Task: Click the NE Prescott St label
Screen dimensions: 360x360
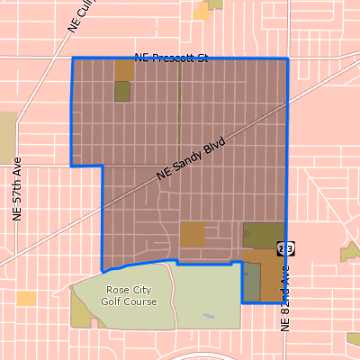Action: coord(171,58)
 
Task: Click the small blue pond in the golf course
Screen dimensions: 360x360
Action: coord(209,316)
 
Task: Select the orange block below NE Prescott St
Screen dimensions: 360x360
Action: coord(123,70)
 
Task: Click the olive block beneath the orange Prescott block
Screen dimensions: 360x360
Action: coord(122,91)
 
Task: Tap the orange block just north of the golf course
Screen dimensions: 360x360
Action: coord(192,234)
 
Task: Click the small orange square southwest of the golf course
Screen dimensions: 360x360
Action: coord(26,298)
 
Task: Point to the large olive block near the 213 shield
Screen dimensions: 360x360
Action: coord(262,234)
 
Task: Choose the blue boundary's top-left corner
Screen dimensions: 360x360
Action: coord(72,58)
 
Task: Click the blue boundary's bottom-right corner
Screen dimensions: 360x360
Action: coord(287,303)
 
